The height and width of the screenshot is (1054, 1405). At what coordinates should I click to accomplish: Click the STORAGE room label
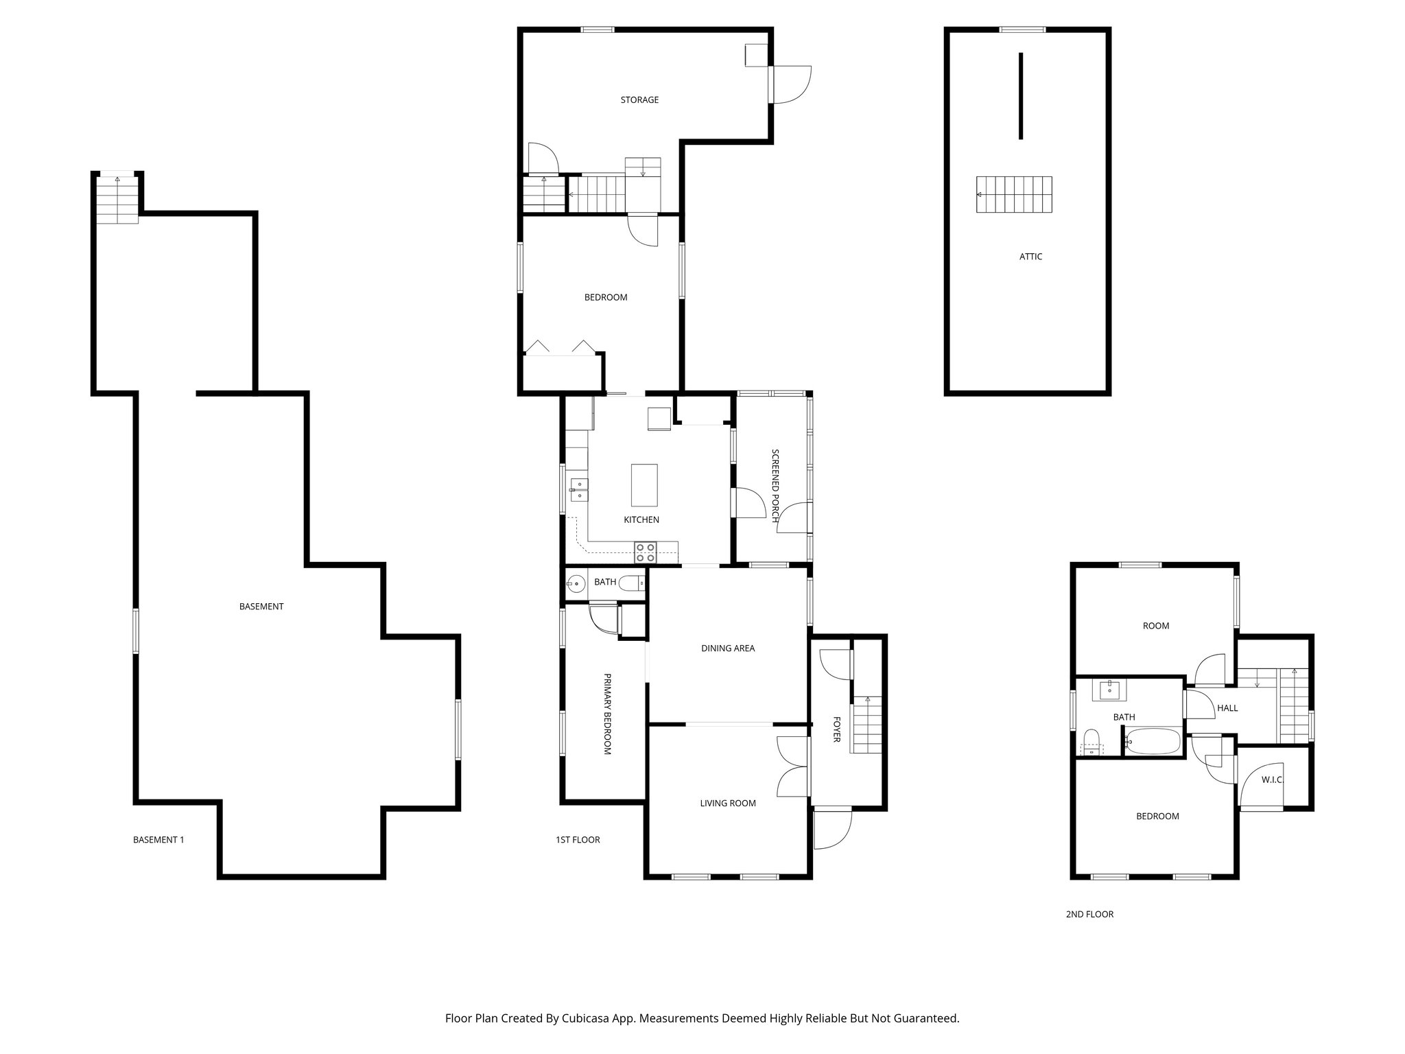639,100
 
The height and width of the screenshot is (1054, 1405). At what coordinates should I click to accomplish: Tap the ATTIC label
1030,257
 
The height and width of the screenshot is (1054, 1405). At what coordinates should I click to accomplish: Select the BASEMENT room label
261,607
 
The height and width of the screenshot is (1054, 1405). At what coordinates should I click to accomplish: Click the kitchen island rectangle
644,484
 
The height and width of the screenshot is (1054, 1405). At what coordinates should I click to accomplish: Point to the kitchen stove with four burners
646,548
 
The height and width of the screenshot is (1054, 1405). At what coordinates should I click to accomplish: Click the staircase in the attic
1014,195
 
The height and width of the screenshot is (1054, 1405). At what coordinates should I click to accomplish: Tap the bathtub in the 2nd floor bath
1153,742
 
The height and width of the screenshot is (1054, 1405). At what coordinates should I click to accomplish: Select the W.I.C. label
1272,780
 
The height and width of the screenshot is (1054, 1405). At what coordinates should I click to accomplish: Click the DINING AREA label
728,648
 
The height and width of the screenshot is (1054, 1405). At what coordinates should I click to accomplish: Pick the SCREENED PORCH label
776,486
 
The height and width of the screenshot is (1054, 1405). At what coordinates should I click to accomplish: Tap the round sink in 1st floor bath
575,585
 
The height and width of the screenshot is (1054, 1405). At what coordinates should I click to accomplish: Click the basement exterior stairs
117,200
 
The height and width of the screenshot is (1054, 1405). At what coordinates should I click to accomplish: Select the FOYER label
837,729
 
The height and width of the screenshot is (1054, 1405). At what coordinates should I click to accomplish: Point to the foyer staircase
867,725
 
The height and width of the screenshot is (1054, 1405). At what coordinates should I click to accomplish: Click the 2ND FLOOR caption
1089,914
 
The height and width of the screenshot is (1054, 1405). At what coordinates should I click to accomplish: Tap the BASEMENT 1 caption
158,840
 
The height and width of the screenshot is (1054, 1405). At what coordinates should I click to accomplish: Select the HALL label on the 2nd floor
1227,708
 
